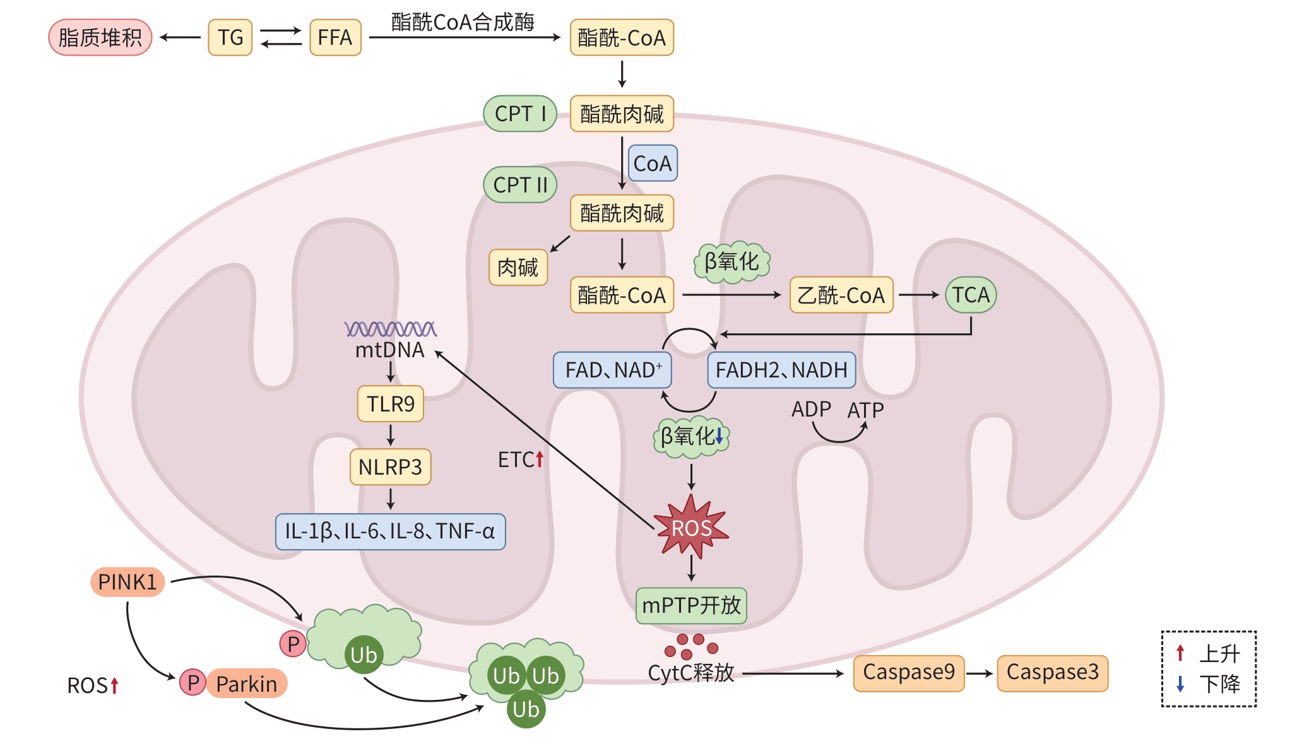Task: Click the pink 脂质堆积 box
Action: point(100,37)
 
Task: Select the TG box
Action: point(230,37)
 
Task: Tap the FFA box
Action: point(335,37)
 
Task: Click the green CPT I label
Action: point(519,114)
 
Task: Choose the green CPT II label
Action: point(520,185)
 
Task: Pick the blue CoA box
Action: point(652,163)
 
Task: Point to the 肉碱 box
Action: point(518,268)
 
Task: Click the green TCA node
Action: point(971,295)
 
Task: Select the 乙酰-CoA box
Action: point(841,295)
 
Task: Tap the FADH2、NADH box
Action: point(781,370)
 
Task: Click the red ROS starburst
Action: point(692,528)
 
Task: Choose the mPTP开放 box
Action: point(691,606)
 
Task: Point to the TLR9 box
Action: point(390,404)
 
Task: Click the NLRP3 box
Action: point(390,467)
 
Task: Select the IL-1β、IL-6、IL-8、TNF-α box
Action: point(390,531)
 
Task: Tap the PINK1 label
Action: point(127,582)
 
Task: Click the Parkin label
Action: point(246,684)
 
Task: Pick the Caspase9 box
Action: point(908,673)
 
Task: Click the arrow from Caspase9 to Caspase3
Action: point(980,673)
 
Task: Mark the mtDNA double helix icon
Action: point(390,329)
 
